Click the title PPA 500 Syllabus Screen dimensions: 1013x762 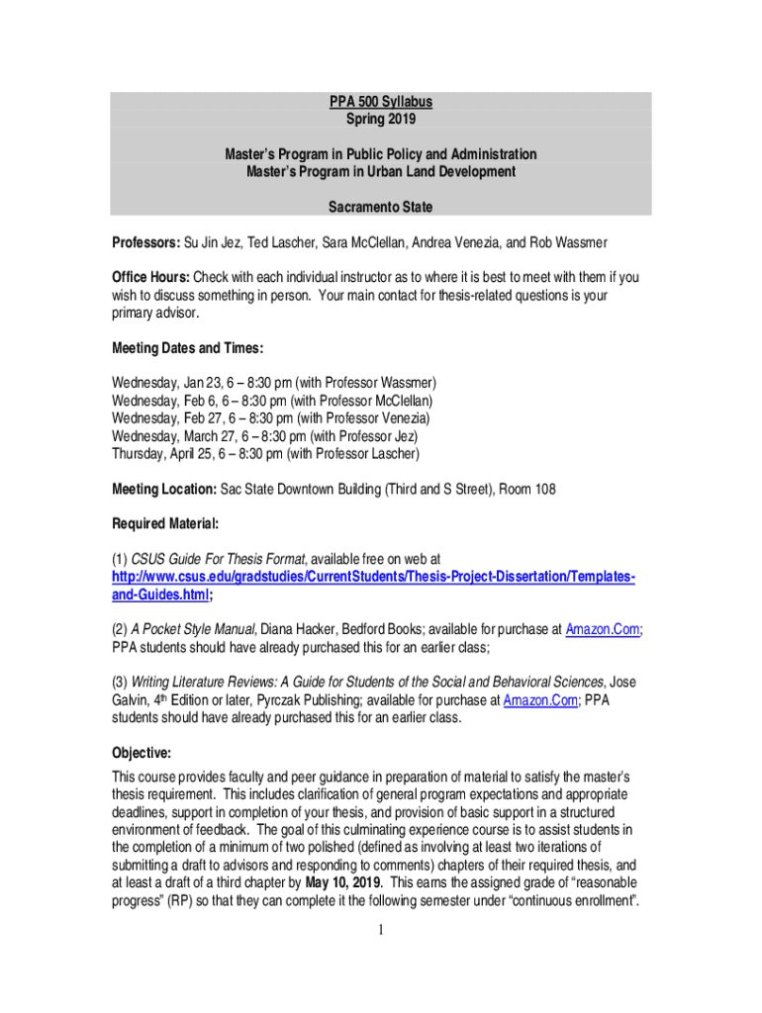(x=381, y=102)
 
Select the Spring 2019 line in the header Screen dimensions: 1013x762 (x=381, y=120)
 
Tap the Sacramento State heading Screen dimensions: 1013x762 (x=381, y=208)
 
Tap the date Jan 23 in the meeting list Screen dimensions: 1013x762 (x=199, y=383)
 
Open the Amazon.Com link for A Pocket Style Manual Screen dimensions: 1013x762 (x=603, y=629)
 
